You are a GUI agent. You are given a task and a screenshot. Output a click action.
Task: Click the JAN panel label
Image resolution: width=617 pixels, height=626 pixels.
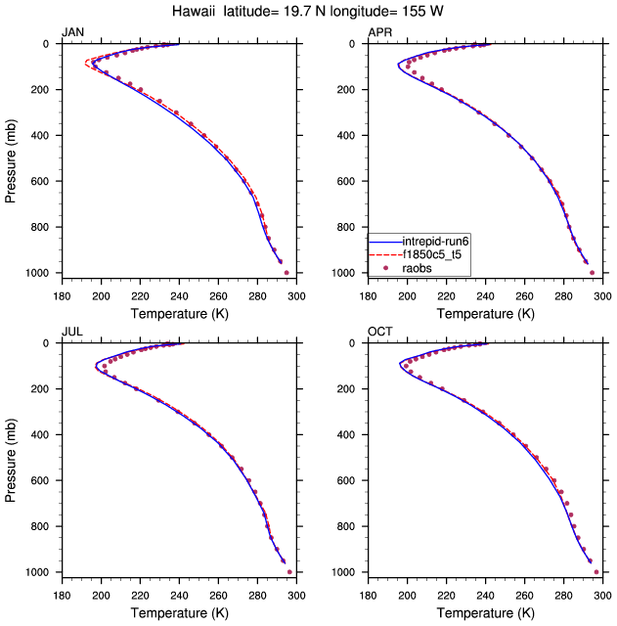pyautogui.click(x=72, y=32)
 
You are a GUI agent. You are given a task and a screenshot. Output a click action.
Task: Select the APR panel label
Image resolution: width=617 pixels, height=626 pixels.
pyautogui.click(x=379, y=32)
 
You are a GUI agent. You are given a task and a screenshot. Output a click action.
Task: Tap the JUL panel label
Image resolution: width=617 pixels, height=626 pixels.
pyautogui.click(x=71, y=332)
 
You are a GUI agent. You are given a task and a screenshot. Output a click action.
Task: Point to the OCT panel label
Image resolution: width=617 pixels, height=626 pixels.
pyautogui.click(x=379, y=332)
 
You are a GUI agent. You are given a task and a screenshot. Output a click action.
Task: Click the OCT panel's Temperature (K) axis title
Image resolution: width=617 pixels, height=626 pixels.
pyautogui.click(x=484, y=612)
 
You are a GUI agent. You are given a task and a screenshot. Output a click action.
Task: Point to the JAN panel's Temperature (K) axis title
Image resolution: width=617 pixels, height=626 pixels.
pyautogui.click(x=177, y=313)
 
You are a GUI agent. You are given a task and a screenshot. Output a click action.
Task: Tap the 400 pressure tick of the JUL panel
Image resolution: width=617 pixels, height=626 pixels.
pyautogui.click(x=44, y=435)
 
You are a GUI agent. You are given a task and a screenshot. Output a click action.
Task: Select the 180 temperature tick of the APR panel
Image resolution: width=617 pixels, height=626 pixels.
pyautogui.click(x=369, y=294)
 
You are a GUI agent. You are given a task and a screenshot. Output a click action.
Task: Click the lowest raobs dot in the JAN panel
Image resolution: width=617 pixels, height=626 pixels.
pyautogui.click(x=286, y=273)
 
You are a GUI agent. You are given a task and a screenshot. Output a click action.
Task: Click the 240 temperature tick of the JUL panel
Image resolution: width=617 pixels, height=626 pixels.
pyautogui.click(x=179, y=594)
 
